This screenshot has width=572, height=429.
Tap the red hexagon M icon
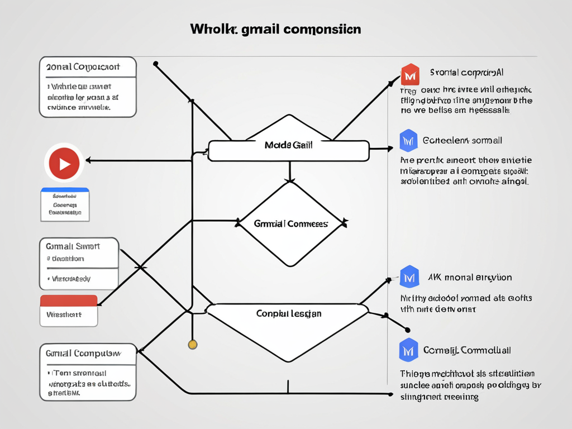point(410,74)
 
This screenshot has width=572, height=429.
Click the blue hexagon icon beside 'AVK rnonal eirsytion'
point(409,277)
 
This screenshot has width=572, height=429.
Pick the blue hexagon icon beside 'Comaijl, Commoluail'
point(409,350)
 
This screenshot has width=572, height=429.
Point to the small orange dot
point(193,344)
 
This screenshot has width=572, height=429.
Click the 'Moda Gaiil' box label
point(288,145)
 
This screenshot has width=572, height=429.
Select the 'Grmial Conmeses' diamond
point(290,223)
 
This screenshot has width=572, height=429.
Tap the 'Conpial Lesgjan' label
point(288,314)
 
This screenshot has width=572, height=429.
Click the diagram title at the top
point(275,29)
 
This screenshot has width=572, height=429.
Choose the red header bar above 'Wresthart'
point(69,301)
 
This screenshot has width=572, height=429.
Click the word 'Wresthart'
point(64,315)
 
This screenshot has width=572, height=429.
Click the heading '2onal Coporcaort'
point(83,66)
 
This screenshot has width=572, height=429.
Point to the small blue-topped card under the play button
point(65,204)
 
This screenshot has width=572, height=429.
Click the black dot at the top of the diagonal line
point(155,64)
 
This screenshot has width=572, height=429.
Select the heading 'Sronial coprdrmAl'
point(467,73)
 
